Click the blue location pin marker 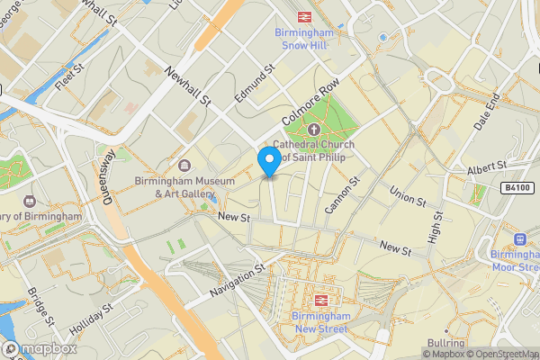pyautogui.click(x=268, y=162)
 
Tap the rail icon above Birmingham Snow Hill pyautogui.click(x=304, y=15)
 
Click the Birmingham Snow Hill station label pyautogui.click(x=304, y=40)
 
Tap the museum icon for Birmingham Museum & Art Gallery pyautogui.click(x=184, y=166)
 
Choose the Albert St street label pyautogui.click(x=488, y=171)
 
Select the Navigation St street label pyautogui.click(x=235, y=279)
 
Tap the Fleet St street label pyautogui.click(x=68, y=77)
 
